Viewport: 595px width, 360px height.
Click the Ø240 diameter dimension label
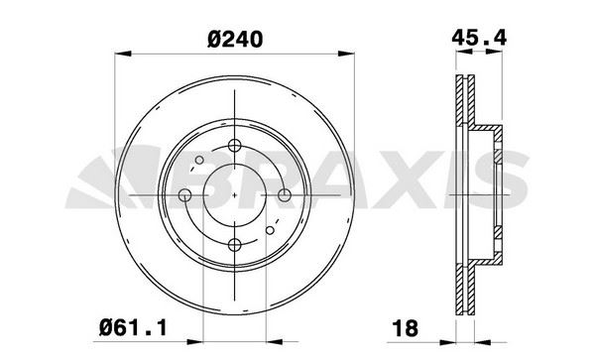tap(235, 40)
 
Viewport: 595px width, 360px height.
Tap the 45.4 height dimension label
tap(479, 38)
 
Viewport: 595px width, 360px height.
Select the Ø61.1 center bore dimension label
tap(133, 327)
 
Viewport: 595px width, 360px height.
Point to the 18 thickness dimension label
tap(406, 328)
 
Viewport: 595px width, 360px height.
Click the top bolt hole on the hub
tap(235, 146)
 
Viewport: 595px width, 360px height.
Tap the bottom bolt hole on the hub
tap(235, 245)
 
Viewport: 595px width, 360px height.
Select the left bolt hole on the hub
tap(184, 195)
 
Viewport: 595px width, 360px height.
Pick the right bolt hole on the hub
tap(285, 195)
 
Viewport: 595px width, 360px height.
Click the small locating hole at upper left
tap(199, 160)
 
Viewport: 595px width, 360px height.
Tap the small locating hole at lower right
tap(270, 230)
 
